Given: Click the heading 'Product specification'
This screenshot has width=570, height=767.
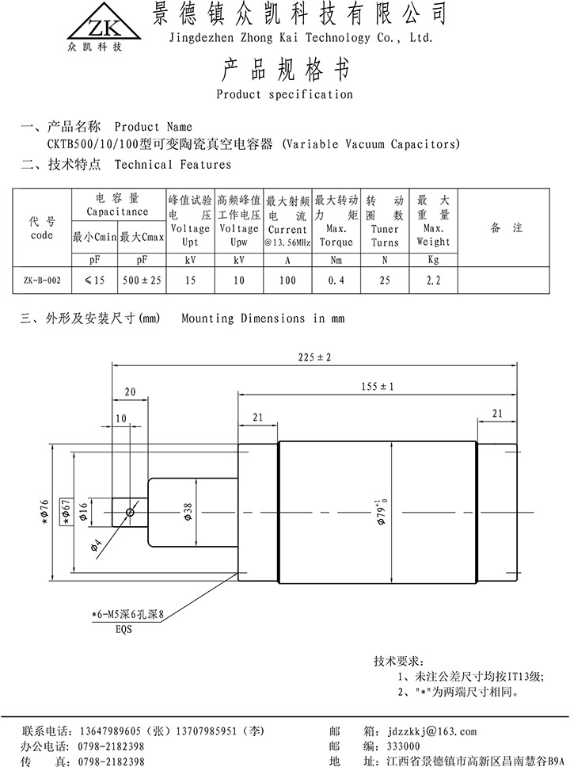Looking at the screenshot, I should coord(284,94).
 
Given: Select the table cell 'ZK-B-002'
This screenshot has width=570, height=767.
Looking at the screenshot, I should coord(41,280).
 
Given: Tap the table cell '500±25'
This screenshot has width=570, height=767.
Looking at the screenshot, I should coord(142,280).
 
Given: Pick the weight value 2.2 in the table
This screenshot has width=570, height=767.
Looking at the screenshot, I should coord(433,280).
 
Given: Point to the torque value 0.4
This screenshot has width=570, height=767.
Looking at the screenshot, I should coord(336,280).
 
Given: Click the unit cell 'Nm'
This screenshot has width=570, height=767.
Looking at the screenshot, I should coord(336,259).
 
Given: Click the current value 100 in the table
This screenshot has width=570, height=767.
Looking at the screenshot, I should coord(287,280).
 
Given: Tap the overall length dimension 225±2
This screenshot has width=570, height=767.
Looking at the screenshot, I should coord(313,358).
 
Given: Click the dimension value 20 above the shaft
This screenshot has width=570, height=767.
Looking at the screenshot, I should coord(131,391).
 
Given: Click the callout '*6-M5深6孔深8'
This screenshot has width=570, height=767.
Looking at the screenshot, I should coord(131,613).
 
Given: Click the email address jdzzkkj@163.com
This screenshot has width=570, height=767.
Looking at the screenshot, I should coord(428,731).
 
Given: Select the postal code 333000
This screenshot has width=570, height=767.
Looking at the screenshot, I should coord(405,746).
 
